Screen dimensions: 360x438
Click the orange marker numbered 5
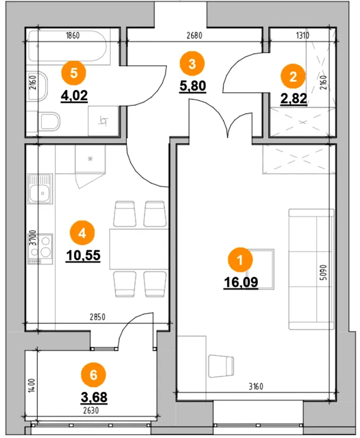pyautogui.click(x=74, y=73)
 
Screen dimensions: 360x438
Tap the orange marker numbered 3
pyautogui.click(x=192, y=64)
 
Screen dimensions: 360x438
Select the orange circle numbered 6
pyautogui.click(x=93, y=375)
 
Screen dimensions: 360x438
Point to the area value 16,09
pyautogui.click(x=241, y=282)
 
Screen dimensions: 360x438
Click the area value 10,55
pyautogui.click(x=83, y=255)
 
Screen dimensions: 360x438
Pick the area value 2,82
pyautogui.click(x=293, y=99)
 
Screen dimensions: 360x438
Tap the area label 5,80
pyautogui.click(x=193, y=86)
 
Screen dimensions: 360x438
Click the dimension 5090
pyautogui.click(x=324, y=273)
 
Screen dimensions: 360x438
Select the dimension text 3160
pyautogui.click(x=256, y=386)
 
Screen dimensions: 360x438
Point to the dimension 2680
pyautogui.click(x=194, y=36)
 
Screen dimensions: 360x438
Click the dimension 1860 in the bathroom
pyautogui.click(x=72, y=36)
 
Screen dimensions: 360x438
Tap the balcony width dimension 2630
pyautogui.click(x=91, y=410)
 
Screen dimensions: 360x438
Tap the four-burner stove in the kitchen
pyautogui.click(x=40, y=249)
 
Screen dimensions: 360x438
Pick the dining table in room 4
pyautogui.click(x=139, y=249)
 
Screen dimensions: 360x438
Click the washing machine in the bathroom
pyautogui.click(x=103, y=121)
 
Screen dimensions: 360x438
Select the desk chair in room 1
pyautogui.click(x=221, y=365)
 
